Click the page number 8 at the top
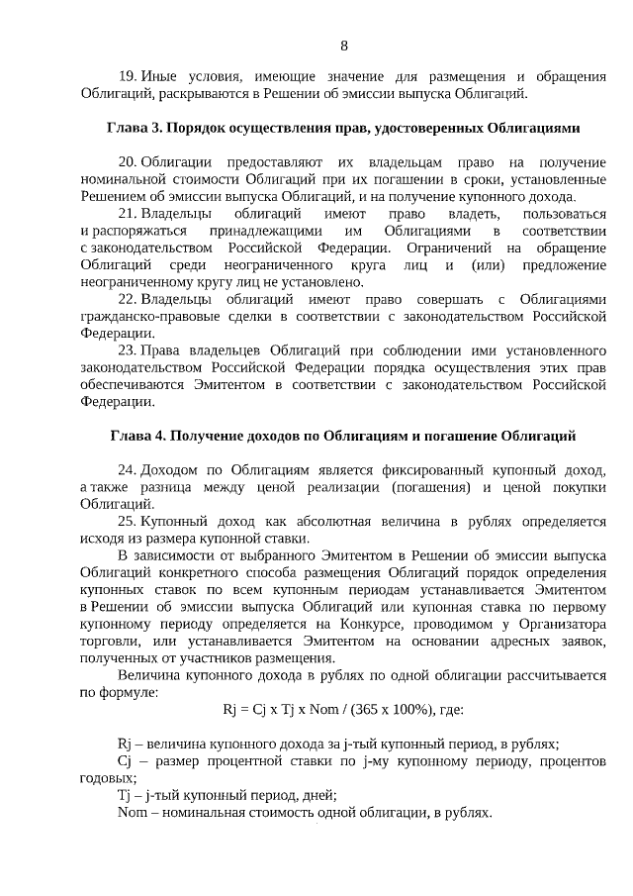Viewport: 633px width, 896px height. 344,46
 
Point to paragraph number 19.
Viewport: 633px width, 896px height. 127,76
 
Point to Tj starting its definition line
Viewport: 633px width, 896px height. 124,795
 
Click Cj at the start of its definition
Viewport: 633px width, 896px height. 125,760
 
